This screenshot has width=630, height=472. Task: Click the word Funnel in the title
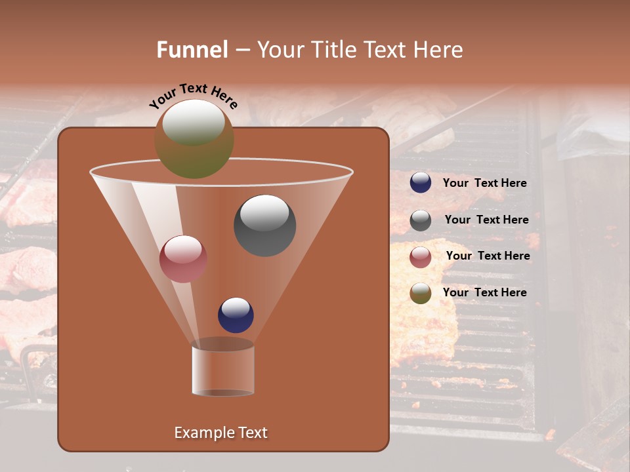[192, 50]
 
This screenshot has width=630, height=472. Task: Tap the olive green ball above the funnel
[194, 139]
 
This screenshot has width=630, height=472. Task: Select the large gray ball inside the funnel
[265, 226]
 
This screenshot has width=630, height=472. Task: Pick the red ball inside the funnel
[183, 259]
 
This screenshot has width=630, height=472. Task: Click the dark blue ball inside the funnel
[236, 315]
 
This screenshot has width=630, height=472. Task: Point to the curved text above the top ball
[193, 96]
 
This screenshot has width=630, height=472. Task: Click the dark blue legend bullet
[421, 183]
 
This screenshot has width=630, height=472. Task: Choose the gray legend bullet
[421, 220]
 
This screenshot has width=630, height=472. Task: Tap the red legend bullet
[421, 257]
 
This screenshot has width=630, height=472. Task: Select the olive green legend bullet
[421, 293]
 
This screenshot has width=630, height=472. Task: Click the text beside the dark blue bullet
[484, 183]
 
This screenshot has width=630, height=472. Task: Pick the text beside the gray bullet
[486, 220]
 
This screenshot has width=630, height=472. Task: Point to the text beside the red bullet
[488, 256]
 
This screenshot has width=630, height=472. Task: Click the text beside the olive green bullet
[484, 292]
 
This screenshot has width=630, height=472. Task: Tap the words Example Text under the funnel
[220, 433]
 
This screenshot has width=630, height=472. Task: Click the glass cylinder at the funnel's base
[223, 370]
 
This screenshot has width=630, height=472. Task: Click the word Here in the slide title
[438, 50]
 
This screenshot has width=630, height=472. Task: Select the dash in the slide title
[241, 50]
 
